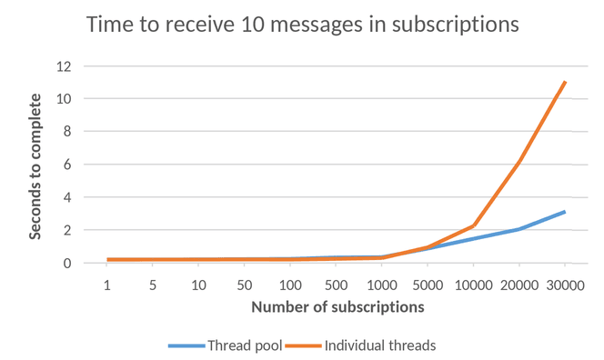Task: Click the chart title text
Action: click(x=302, y=25)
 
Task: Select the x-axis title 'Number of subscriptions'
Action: click(x=337, y=306)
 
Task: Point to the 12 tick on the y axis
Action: click(x=64, y=65)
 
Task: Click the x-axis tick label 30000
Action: click(x=565, y=284)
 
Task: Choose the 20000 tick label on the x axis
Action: click(x=518, y=284)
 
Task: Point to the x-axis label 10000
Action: click(x=473, y=284)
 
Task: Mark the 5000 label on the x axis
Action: click(x=428, y=284)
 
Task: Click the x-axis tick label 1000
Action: click(x=382, y=284)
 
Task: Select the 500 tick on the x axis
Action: click(x=337, y=284)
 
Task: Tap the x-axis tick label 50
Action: click(x=245, y=284)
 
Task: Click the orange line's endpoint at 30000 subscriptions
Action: click(x=565, y=82)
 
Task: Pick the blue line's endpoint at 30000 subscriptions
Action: click(x=565, y=212)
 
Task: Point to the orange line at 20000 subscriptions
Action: click(x=518, y=161)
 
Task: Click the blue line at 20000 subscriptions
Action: click(x=518, y=229)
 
